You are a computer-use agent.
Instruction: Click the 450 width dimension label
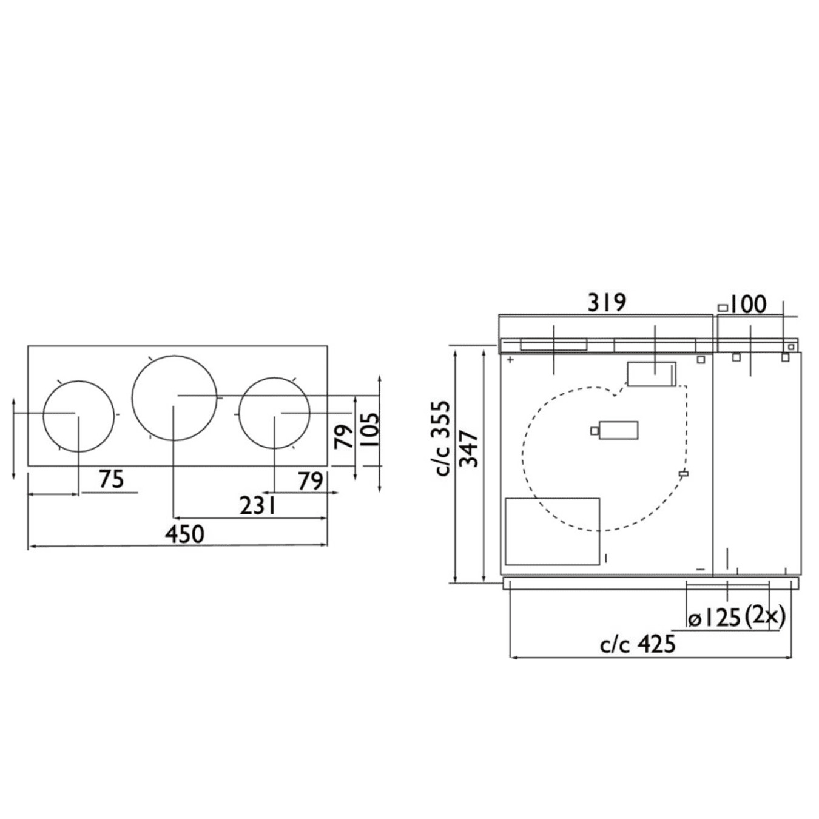pyautogui.click(x=185, y=534)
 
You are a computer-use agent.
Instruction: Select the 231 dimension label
pyautogui.click(x=258, y=506)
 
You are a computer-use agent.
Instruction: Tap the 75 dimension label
pyautogui.click(x=112, y=479)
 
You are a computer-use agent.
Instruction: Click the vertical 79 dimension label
pyautogui.click(x=344, y=436)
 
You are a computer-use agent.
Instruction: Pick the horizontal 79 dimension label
pyautogui.click(x=310, y=482)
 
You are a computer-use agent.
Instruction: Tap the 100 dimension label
pyautogui.click(x=747, y=305)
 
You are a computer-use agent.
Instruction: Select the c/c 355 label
pyautogui.click(x=442, y=438)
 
